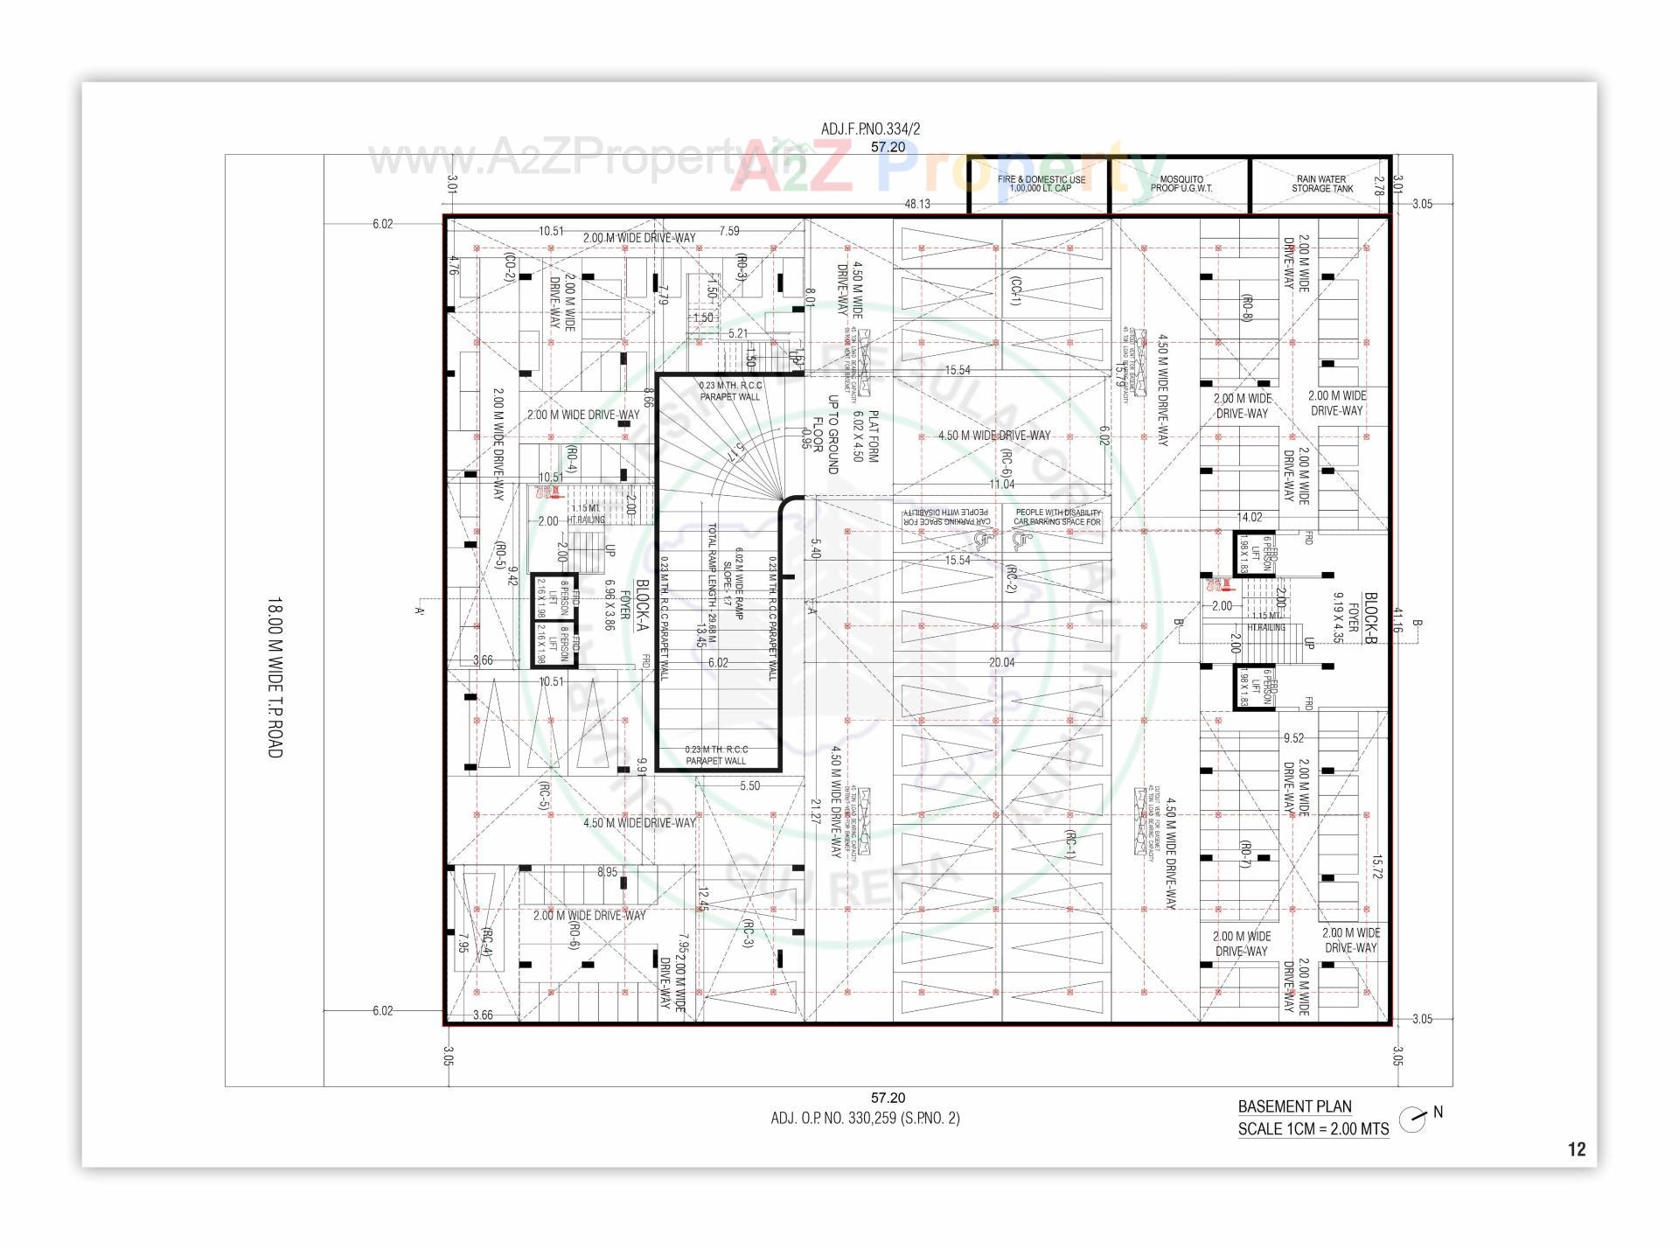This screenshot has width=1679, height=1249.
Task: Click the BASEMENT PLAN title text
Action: pyautogui.click(x=1294, y=1106)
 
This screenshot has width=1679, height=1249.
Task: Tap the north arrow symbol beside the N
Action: pyautogui.click(x=1411, y=1120)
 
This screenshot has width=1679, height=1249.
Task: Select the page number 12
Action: pyautogui.click(x=1576, y=1149)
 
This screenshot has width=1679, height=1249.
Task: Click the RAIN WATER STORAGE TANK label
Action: pyautogui.click(x=1321, y=184)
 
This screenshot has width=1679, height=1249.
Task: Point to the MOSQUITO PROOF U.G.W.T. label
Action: pyautogui.click(x=1181, y=184)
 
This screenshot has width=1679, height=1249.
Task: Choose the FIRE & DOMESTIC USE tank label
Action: pyautogui.click(x=1041, y=184)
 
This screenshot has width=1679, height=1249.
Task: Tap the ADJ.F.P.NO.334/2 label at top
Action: pyautogui.click(x=870, y=129)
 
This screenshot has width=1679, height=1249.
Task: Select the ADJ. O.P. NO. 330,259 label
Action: pyautogui.click(x=865, y=1118)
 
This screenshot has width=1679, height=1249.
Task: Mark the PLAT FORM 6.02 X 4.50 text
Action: pyautogui.click(x=865, y=436)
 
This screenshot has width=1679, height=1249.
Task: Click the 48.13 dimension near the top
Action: pyautogui.click(x=916, y=204)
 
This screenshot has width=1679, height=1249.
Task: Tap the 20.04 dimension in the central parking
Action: pyautogui.click(x=1001, y=663)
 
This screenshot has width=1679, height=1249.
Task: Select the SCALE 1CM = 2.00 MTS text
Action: pyautogui.click(x=1313, y=1129)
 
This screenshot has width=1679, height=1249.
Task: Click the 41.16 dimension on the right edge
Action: pyautogui.click(x=1397, y=619)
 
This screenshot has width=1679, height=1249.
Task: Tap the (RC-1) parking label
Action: pyautogui.click(x=1070, y=844)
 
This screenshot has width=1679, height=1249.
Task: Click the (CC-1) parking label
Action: pyautogui.click(x=1014, y=291)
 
